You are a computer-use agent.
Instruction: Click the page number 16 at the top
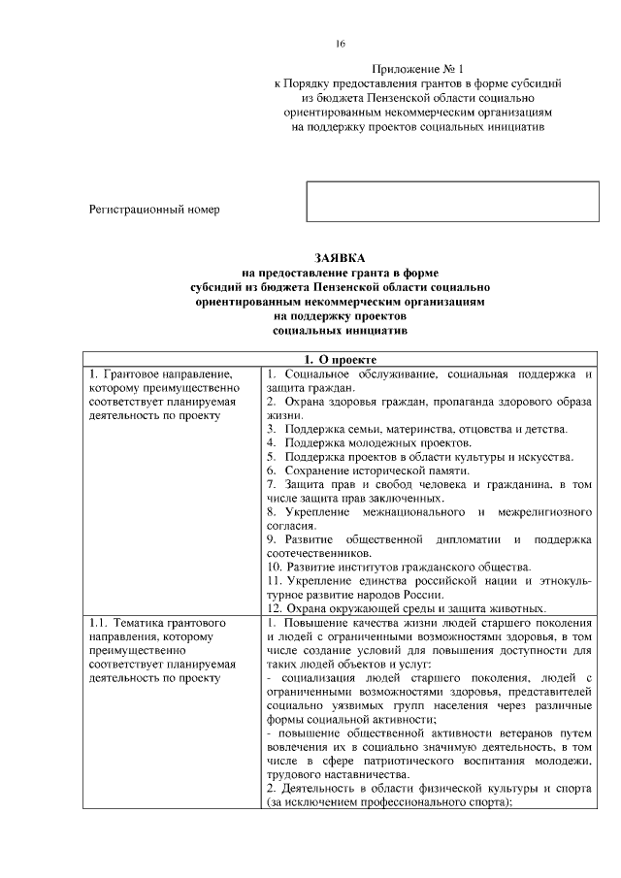(341, 45)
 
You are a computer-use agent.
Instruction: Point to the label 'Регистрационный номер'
(154, 209)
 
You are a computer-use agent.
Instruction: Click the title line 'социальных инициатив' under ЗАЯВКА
(341, 330)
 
